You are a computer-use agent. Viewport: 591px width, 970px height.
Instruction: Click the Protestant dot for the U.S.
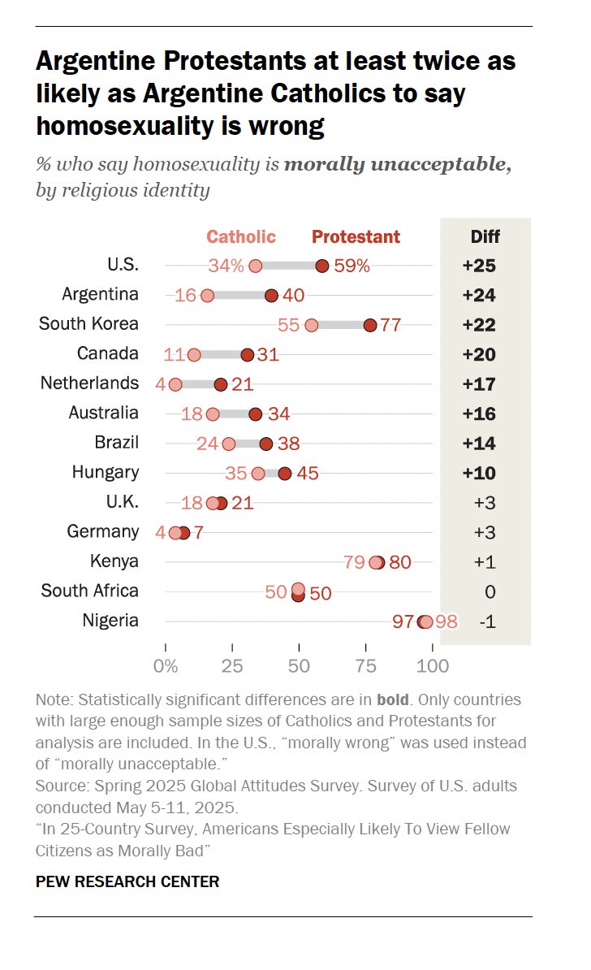[322, 266]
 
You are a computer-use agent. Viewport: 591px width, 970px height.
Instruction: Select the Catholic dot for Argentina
[207, 296]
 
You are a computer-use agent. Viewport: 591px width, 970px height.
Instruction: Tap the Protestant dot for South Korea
[370, 325]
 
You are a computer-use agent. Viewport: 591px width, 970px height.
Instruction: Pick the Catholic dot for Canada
[194, 355]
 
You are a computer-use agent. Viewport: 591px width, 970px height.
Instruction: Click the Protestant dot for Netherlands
[221, 384]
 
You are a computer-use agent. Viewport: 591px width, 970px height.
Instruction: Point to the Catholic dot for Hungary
[258, 473]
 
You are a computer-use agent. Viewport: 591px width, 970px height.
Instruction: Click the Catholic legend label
[241, 237]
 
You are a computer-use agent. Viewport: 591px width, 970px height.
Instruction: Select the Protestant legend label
[356, 237]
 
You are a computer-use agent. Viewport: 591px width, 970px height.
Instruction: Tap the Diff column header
[485, 237]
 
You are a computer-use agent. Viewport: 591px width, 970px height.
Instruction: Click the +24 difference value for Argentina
[479, 296]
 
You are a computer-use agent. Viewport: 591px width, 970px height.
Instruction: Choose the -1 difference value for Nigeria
[486, 621]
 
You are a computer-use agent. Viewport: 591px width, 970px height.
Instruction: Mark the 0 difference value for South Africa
[490, 591]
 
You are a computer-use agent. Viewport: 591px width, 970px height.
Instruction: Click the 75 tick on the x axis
[366, 666]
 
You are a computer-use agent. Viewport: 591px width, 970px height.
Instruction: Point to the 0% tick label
[166, 666]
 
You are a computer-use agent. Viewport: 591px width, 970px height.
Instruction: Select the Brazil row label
[116, 443]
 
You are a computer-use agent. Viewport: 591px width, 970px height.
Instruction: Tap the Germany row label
[102, 531]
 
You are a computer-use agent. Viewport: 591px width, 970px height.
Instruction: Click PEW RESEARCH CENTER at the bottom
[127, 881]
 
